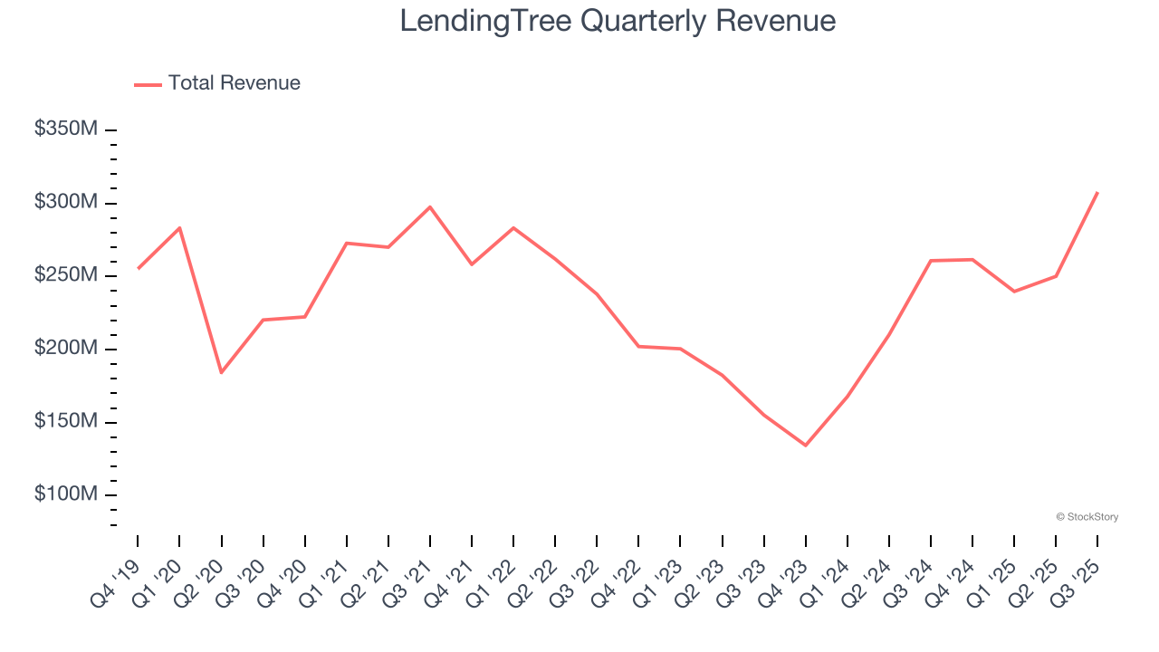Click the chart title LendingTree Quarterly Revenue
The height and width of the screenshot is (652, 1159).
tap(618, 21)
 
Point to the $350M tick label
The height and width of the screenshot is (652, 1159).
tap(65, 129)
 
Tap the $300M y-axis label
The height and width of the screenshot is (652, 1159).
tap(65, 202)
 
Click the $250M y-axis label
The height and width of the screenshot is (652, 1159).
tap(65, 275)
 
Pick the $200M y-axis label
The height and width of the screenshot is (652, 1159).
tap(65, 349)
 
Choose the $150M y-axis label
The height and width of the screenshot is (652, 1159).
tap(65, 422)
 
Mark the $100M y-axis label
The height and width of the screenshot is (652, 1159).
tap(65, 495)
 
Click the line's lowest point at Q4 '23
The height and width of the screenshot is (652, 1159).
tap(805, 446)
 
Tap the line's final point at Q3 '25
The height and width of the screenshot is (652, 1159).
tap(1097, 192)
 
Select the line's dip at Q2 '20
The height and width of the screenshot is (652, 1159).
tap(221, 372)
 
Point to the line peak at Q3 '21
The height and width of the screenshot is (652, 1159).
tap(430, 206)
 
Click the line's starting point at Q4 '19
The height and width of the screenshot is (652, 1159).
tap(138, 268)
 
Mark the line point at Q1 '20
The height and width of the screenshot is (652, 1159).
tap(179, 227)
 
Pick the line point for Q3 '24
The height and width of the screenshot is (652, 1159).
tap(931, 261)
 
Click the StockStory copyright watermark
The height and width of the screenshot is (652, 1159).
tap(1087, 517)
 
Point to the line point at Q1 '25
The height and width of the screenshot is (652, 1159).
tap(1014, 292)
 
